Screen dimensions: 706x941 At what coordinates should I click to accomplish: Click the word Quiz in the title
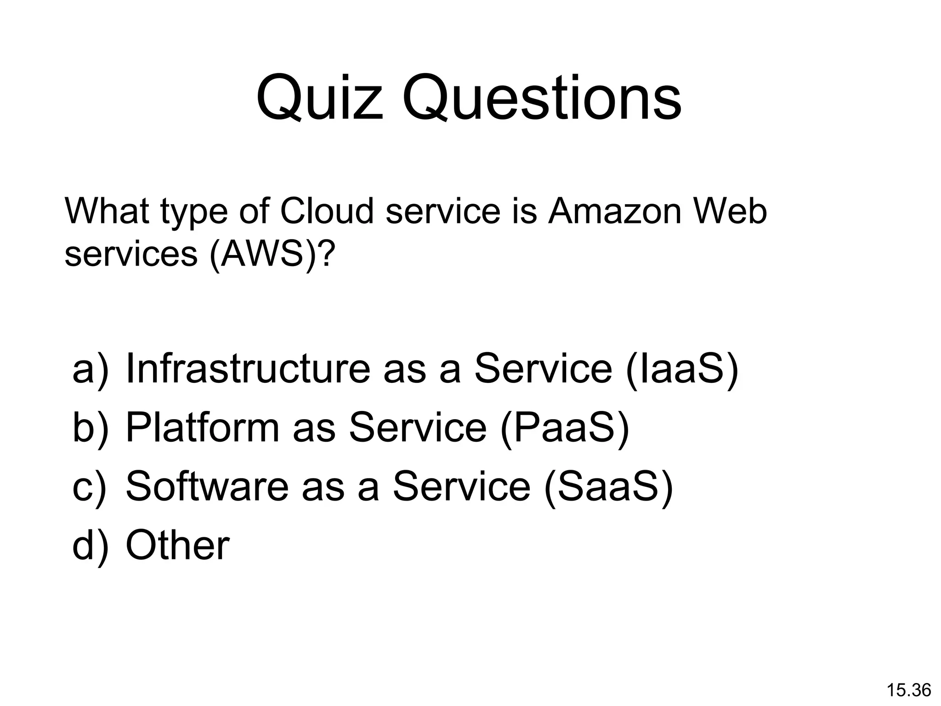click(320, 99)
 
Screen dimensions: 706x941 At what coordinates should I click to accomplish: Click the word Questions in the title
click(542, 99)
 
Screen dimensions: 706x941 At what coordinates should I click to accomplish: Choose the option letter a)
click(91, 369)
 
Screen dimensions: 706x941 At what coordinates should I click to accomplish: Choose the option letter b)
click(91, 427)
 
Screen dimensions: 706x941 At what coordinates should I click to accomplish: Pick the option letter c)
click(90, 486)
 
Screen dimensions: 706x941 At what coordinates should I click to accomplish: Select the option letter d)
click(91, 545)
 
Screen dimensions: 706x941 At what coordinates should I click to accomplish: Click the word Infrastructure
click(248, 369)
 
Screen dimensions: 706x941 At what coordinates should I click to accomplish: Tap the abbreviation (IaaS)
click(682, 369)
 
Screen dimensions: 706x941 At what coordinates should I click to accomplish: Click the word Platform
click(203, 427)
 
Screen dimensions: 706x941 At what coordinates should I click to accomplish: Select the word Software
click(207, 486)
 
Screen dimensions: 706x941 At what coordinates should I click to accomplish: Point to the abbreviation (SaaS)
click(608, 486)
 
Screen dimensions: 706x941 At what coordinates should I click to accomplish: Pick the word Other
click(177, 545)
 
